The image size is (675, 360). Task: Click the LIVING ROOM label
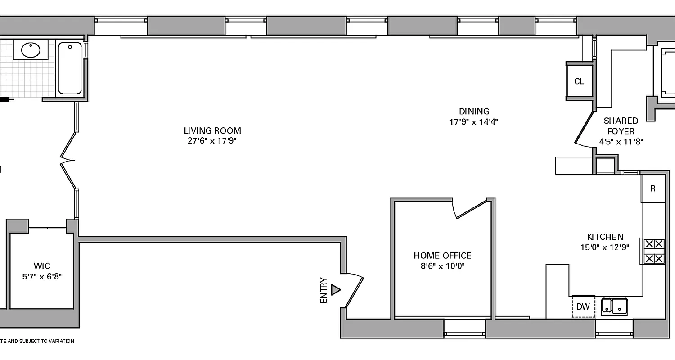(x=212, y=131)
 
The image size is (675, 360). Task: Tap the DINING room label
(x=474, y=111)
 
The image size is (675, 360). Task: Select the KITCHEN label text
(x=605, y=237)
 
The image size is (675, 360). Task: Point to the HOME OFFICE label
(x=442, y=256)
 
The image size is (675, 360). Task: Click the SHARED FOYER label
(x=621, y=126)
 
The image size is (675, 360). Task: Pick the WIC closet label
(x=42, y=266)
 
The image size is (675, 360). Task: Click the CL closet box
(x=579, y=81)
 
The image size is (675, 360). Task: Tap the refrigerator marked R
(x=653, y=189)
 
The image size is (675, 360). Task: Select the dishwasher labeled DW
(x=583, y=307)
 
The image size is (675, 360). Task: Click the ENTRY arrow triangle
(x=335, y=290)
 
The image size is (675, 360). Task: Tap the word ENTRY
(x=324, y=290)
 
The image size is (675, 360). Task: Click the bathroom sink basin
(x=31, y=49)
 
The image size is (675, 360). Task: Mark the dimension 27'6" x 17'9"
(x=212, y=141)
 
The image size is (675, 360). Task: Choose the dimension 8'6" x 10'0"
(x=442, y=266)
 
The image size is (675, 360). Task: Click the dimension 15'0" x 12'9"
(x=605, y=247)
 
